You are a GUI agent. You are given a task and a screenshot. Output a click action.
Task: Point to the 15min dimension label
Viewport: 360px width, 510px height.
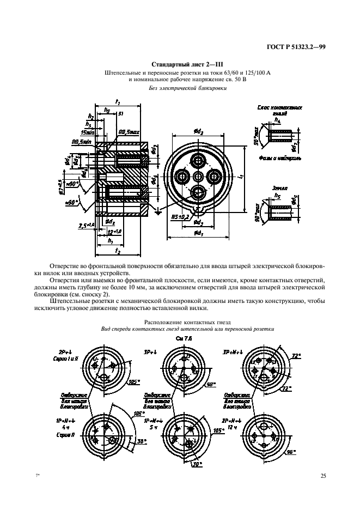tap(87, 132)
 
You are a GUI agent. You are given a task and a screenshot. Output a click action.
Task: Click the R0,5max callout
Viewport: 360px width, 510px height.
tap(129, 132)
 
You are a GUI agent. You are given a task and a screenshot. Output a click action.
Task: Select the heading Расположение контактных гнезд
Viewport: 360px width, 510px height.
tap(180, 323)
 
